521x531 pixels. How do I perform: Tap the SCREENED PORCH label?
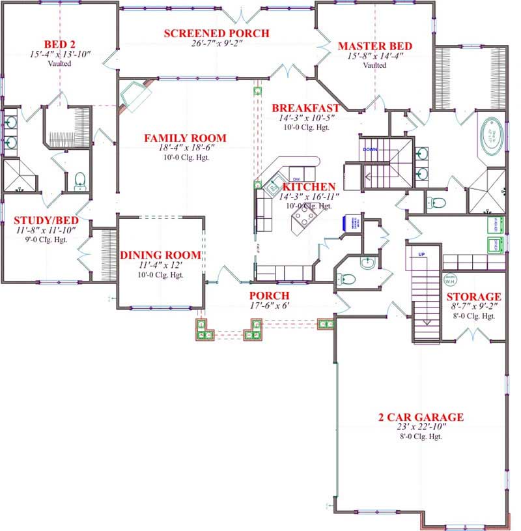tap(216, 34)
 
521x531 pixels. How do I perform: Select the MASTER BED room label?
tap(374, 46)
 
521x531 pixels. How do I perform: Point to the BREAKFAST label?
tap(305, 108)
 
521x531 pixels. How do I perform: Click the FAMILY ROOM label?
tap(185, 138)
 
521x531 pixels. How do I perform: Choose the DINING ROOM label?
tap(160, 255)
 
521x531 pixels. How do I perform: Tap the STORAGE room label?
tap(473, 296)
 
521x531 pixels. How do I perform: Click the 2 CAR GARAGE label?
tap(421, 417)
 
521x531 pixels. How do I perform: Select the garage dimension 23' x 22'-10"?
tap(421, 427)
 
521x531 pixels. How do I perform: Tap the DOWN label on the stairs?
tap(371, 149)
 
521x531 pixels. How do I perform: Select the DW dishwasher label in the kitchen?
tap(296, 179)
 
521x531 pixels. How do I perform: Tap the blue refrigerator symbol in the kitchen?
tap(356, 223)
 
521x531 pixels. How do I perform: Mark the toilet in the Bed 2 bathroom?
tap(80, 180)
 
